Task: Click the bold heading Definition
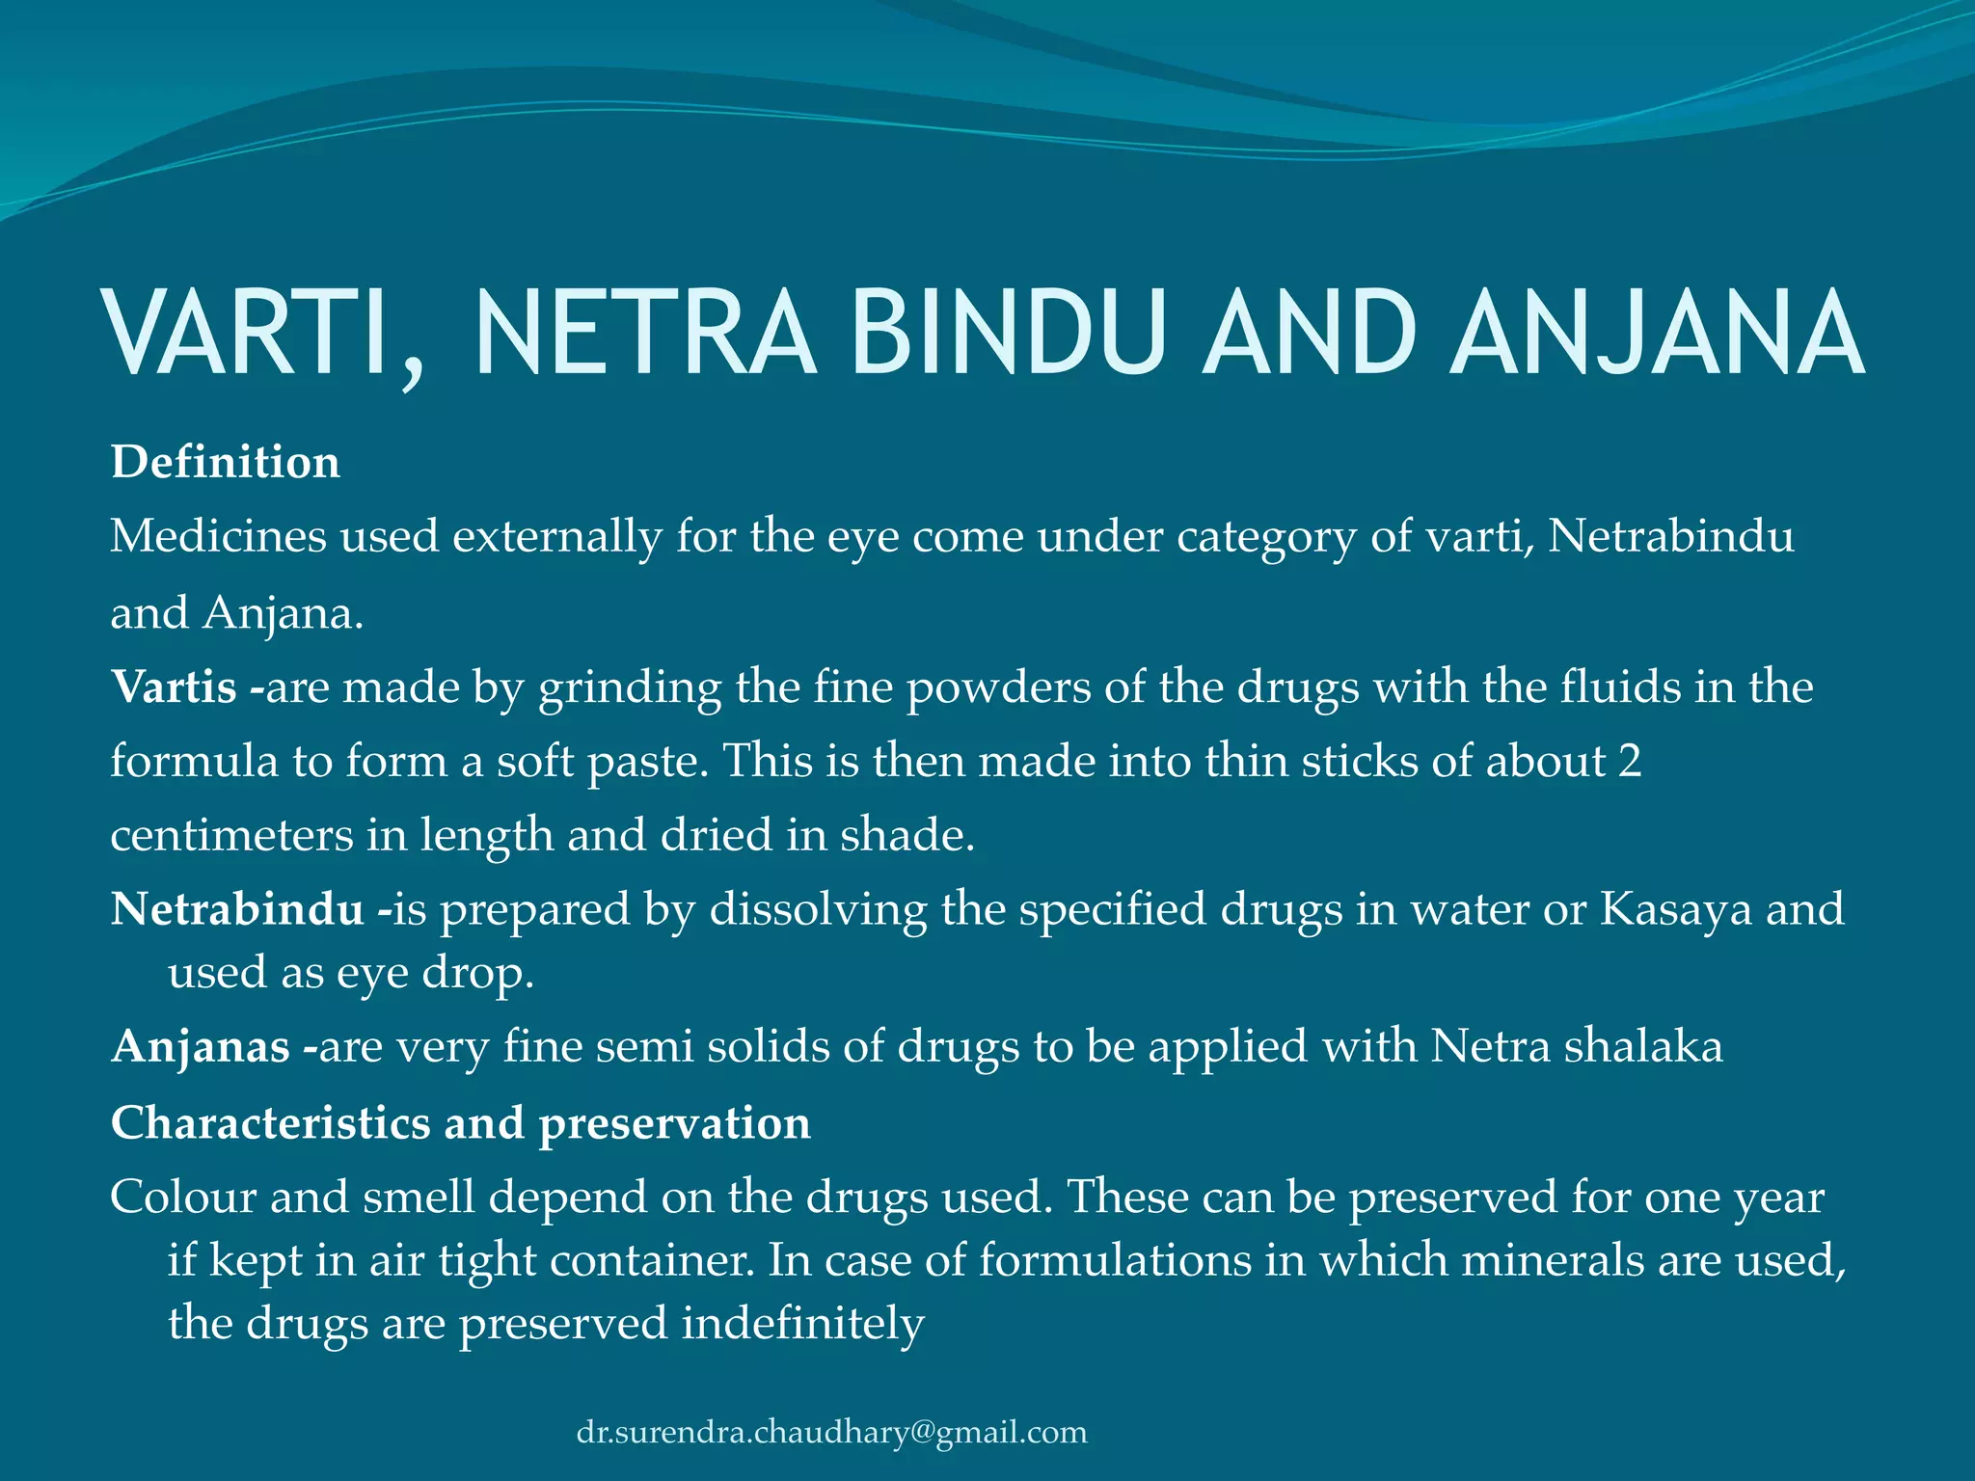pyautogui.click(x=226, y=462)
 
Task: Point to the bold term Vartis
pyautogui.click(x=175, y=687)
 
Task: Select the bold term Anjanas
pyautogui.click(x=201, y=1047)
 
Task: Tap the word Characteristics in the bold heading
pyautogui.click(x=270, y=1123)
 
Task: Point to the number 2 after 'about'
pyautogui.click(x=1629, y=761)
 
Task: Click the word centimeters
pyautogui.click(x=231, y=835)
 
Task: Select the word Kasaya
pyautogui.click(x=1675, y=909)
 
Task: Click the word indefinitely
pyautogui.click(x=803, y=1323)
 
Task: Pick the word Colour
pyautogui.click(x=183, y=1198)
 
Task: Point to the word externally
pyautogui.click(x=556, y=536)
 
